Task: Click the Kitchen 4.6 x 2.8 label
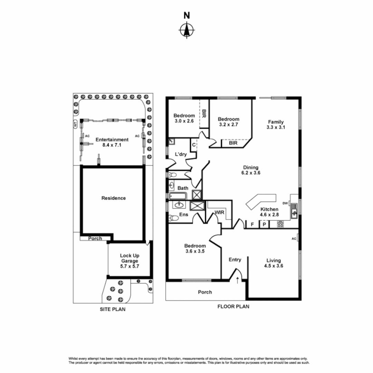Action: point(269,212)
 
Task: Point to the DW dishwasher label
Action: point(285,203)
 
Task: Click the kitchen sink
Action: point(294,211)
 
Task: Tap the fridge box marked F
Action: point(252,224)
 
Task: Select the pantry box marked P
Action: point(264,224)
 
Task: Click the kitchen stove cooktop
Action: point(280,224)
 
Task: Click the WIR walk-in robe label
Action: point(220,213)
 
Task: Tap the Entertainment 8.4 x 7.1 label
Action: point(112,142)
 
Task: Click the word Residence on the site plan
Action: point(113,198)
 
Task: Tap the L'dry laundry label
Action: point(181,154)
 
